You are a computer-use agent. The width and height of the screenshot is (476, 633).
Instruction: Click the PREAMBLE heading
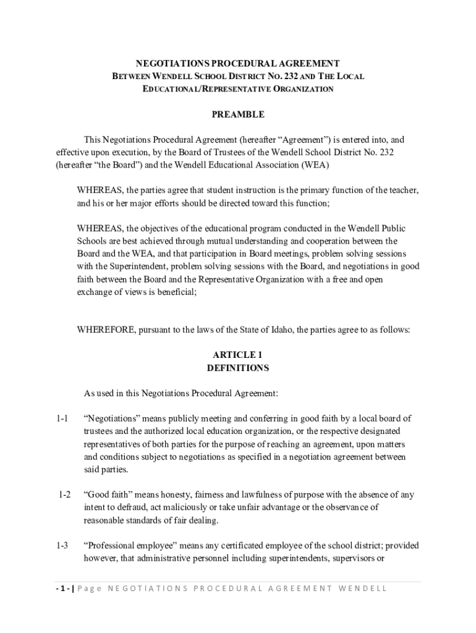[x=238, y=114]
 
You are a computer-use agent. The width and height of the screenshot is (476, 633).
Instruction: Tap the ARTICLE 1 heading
[x=238, y=355]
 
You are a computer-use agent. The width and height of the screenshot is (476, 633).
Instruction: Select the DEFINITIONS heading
[x=238, y=368]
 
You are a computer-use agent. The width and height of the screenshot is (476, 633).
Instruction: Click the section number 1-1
[x=61, y=418]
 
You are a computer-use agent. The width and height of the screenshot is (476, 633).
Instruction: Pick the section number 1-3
[x=61, y=546]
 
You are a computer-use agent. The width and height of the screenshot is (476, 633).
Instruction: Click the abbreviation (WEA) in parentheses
[x=315, y=165]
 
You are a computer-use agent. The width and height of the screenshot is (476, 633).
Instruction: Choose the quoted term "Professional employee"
[x=126, y=546]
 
